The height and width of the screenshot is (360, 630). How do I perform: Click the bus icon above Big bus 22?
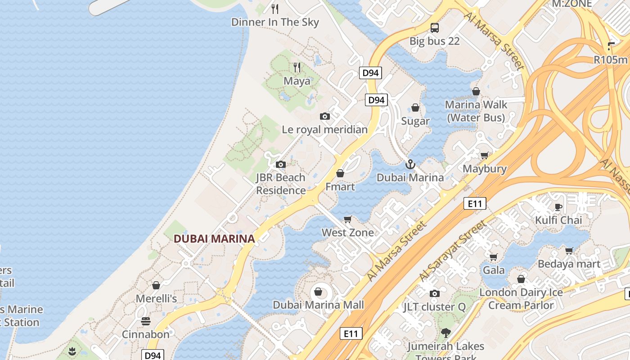point(434,28)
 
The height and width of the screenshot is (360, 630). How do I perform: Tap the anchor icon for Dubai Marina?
point(409,164)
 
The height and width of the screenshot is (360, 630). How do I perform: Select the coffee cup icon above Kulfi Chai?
point(558,207)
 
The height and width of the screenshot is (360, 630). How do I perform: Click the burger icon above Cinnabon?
point(145,321)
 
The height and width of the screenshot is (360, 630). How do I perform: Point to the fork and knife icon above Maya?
point(297,67)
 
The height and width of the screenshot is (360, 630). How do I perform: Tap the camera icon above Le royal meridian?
point(324,116)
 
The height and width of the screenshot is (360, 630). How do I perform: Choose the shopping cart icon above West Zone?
point(347,219)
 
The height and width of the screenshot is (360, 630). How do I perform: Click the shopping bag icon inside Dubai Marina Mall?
point(318,292)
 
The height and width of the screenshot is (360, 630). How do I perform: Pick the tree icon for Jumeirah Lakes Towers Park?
point(445,333)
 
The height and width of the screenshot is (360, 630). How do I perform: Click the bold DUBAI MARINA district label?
point(214,239)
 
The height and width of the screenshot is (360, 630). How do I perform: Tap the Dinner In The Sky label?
point(275,22)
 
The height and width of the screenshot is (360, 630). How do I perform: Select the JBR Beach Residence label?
point(281,184)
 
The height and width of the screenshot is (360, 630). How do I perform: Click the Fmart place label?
point(340,187)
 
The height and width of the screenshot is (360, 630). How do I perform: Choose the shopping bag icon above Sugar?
point(415,108)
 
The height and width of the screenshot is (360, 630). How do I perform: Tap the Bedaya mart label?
point(569,264)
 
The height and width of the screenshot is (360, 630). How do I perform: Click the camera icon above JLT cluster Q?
point(434,294)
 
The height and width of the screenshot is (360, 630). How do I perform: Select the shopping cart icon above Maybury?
point(484,156)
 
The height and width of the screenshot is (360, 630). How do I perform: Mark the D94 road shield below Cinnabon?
point(153,355)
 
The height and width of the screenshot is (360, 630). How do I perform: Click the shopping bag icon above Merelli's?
point(156,285)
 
